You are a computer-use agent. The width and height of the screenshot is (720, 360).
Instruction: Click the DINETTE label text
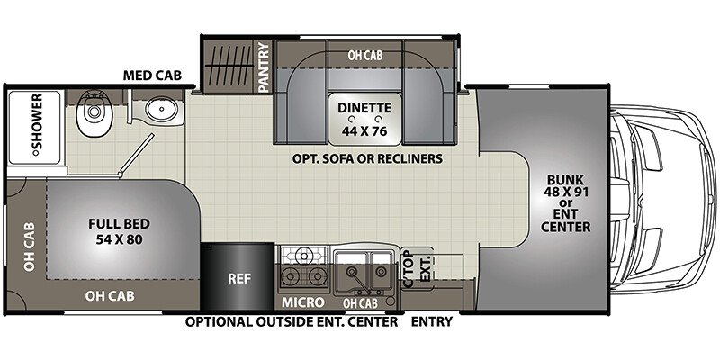(364, 107)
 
